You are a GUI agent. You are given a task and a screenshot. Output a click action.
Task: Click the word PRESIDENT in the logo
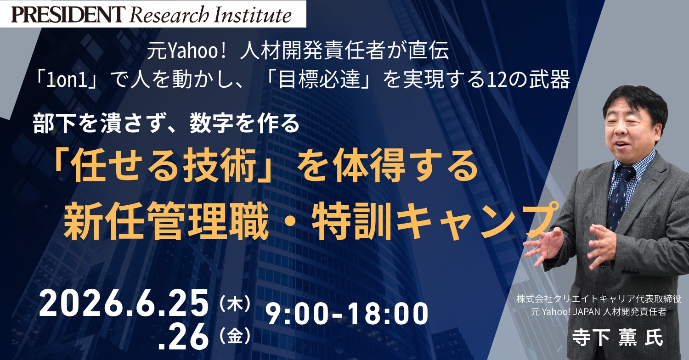pos(68,14)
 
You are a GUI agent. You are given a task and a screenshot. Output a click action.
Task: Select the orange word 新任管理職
pos(166,221)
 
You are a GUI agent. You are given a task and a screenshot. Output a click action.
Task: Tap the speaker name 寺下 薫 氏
pos(617,337)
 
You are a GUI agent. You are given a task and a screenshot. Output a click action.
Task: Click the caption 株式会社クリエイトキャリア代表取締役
pos(599,299)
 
